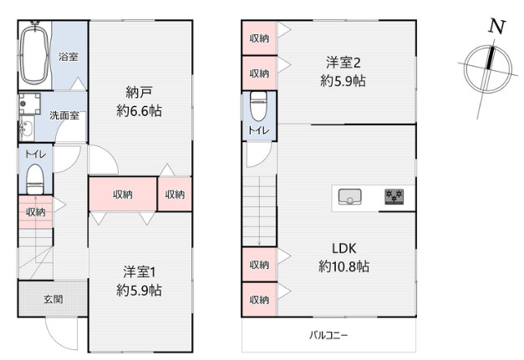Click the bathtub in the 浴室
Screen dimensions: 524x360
tap(34, 55)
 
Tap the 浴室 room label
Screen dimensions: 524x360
tap(69, 57)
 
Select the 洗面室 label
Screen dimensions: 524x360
tap(64, 115)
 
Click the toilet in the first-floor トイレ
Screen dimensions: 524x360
tap(35, 180)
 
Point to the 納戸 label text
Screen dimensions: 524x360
tap(139, 92)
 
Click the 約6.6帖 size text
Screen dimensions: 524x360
tap(139, 110)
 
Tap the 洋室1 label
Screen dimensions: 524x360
tap(140, 271)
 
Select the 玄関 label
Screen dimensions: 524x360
tap(53, 299)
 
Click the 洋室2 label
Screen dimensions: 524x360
tap(343, 63)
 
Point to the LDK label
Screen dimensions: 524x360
tap(343, 248)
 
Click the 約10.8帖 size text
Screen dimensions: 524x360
tap(343, 266)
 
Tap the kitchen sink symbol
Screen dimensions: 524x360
tap(349, 196)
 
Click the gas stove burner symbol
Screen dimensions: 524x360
tap(394, 196)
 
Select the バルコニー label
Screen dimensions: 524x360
tap(328, 335)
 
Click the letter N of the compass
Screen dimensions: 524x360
tap(497, 27)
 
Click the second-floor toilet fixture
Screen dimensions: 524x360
tap(259, 106)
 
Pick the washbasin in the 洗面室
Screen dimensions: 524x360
tap(27, 129)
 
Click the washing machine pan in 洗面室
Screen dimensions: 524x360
tap(30, 104)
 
